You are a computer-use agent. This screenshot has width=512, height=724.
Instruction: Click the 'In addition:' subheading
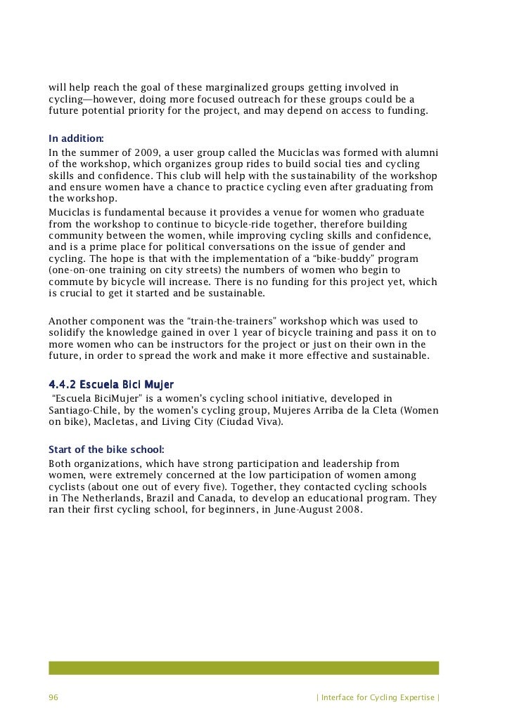coord(76,138)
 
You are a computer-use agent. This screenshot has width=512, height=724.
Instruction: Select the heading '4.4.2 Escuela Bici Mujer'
coord(111,385)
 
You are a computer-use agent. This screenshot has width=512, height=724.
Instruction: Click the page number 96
coord(53,697)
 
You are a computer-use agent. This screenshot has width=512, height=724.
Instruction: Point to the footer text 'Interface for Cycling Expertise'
coord(378,697)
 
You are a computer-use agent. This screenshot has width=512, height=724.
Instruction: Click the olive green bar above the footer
coord(243,667)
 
